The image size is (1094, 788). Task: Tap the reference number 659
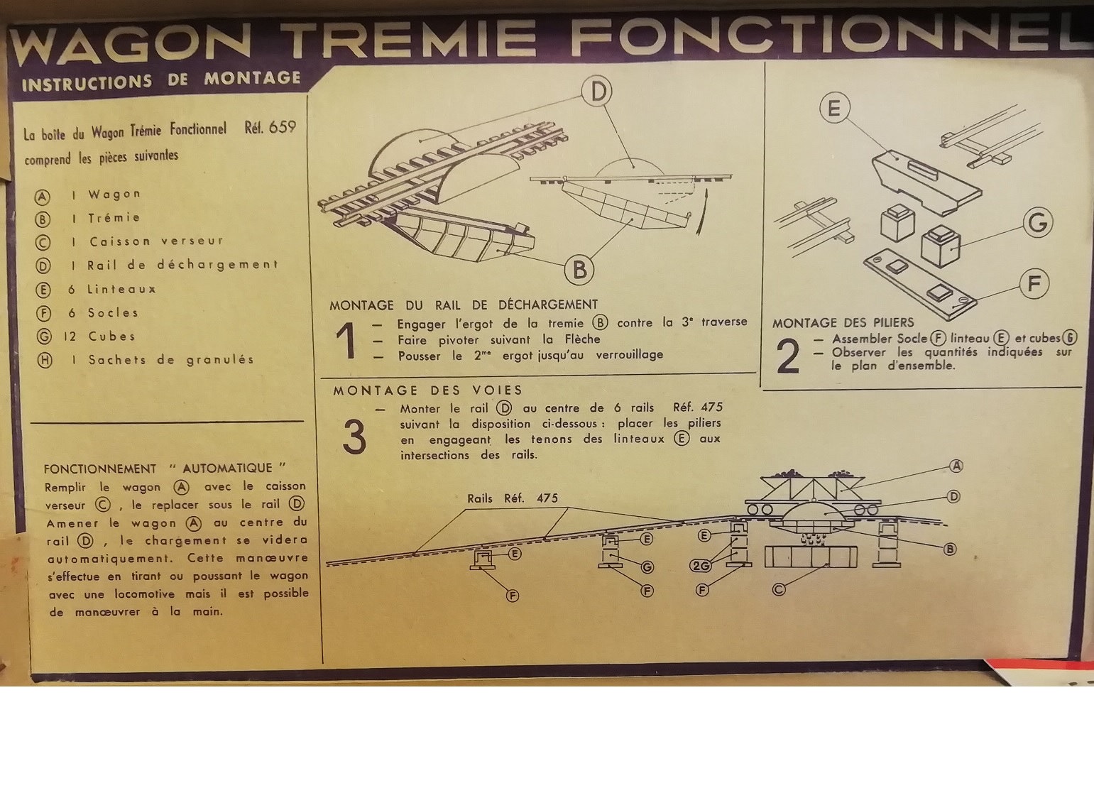283,127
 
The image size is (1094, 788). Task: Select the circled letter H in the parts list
45,361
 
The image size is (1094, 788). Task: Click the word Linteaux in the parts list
121,289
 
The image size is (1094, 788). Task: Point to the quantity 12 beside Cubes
70,336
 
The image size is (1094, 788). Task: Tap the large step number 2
788,356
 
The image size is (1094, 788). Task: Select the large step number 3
354,437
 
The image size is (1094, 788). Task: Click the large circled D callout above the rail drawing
597,92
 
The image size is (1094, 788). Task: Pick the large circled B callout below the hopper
579,270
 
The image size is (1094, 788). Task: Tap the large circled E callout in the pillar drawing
835,107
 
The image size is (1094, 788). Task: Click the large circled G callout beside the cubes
1038,222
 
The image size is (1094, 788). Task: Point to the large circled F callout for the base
1034,283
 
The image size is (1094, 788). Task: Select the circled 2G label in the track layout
701,566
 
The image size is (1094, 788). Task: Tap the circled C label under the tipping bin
779,590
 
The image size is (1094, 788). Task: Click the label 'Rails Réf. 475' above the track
513,498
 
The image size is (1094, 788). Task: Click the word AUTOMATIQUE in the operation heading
227,468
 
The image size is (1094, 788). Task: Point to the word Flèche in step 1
582,339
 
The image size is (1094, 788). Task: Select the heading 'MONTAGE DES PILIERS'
843,323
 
